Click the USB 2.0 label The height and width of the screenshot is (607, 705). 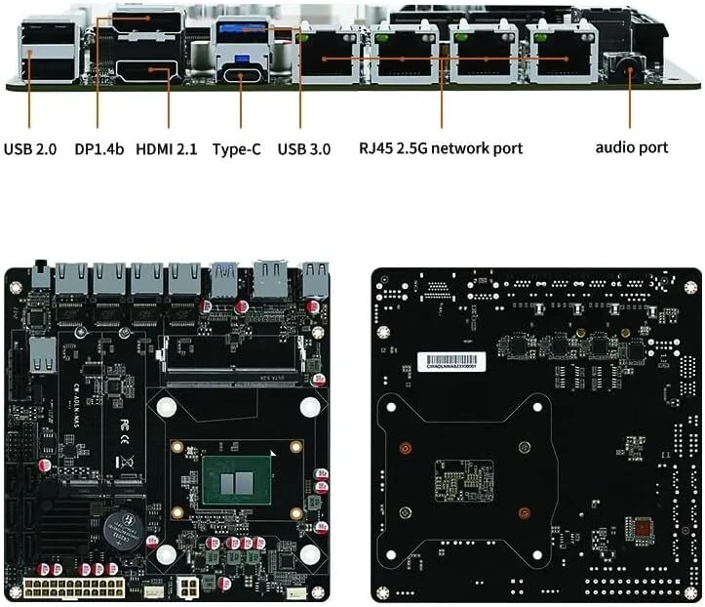[30, 149]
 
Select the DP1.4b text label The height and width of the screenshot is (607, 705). [99, 149]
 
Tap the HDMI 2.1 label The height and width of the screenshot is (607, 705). [167, 149]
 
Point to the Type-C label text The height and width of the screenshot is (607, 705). [237, 149]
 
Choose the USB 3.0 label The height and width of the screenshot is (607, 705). [303, 149]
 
